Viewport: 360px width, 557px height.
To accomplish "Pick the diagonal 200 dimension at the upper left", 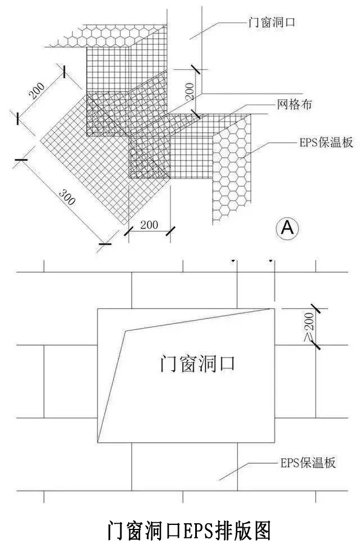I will (x=38, y=90).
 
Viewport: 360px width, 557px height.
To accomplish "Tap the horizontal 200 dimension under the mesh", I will (x=148, y=225).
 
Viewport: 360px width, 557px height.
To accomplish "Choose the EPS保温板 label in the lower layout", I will (x=308, y=464).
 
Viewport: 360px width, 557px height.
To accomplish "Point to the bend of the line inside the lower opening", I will (x=125, y=331).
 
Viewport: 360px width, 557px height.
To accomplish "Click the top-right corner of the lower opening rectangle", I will (x=274, y=309).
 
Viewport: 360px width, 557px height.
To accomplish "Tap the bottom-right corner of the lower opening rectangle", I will (x=274, y=442).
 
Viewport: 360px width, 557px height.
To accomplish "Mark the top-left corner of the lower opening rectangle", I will (x=98, y=309).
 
